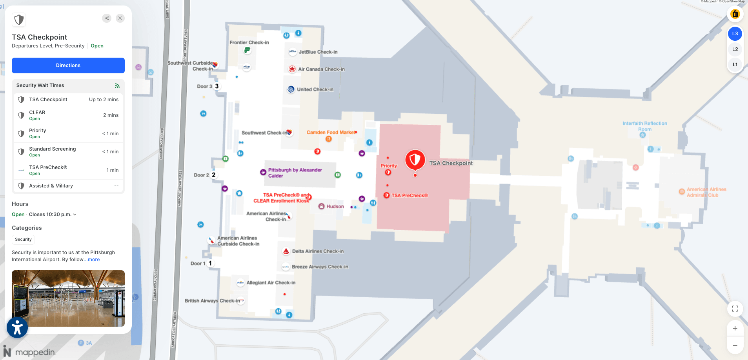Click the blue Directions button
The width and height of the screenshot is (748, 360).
tap(68, 65)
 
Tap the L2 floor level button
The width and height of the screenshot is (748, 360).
tap(735, 49)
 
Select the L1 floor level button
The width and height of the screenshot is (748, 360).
tap(735, 65)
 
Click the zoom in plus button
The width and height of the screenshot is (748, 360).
tap(735, 328)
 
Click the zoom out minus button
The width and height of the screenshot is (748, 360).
tap(735, 345)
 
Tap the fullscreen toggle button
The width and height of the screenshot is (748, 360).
tap(735, 309)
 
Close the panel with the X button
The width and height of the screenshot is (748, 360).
tap(120, 18)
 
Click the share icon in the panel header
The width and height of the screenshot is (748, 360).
tap(107, 18)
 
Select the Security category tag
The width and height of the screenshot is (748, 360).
tap(24, 239)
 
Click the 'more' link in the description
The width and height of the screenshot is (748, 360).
tap(94, 260)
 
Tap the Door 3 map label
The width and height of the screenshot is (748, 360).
tap(204, 86)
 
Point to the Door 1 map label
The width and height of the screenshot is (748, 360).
tap(198, 264)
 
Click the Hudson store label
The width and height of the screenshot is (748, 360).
tap(335, 206)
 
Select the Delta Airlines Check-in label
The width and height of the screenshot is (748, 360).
tap(317, 251)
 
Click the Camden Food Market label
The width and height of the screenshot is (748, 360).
tap(331, 133)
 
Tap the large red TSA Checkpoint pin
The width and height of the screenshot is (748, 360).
tap(415, 160)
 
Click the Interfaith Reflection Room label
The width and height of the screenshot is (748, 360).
tap(644, 126)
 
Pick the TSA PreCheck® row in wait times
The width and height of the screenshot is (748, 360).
tap(68, 170)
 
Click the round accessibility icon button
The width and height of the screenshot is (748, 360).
tap(17, 327)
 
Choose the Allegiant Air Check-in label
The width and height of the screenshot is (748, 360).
tap(271, 283)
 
